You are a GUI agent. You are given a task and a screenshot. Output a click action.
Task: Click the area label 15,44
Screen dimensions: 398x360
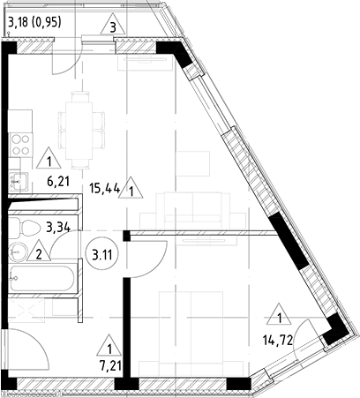tap(105, 187)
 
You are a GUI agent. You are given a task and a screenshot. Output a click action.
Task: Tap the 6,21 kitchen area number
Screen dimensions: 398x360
tap(58, 182)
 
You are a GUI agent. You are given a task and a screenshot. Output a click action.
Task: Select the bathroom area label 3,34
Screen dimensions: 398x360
tap(58, 227)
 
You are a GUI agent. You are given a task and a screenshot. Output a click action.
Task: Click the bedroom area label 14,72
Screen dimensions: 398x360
tap(278, 338)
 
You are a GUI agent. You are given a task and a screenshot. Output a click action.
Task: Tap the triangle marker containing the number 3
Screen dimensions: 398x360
tap(114, 26)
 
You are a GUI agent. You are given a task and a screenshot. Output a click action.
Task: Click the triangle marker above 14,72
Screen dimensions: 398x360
tap(281, 316)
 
